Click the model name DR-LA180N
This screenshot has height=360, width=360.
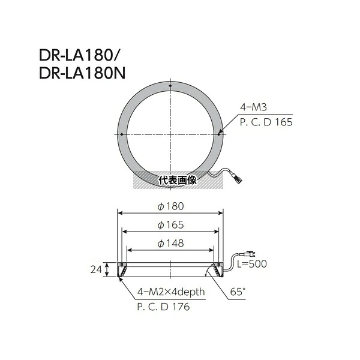[x=82, y=73]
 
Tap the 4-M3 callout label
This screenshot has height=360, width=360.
[x=253, y=107]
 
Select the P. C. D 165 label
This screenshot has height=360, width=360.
[x=266, y=122]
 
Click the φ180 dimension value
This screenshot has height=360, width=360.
[x=170, y=206]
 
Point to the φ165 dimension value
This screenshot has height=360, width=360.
[x=170, y=225]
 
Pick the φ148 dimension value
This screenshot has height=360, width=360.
[x=170, y=244]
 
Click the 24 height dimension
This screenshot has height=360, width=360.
[x=96, y=269]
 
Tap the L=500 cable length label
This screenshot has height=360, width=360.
[x=252, y=264]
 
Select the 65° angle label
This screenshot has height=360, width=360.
[x=238, y=292]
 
